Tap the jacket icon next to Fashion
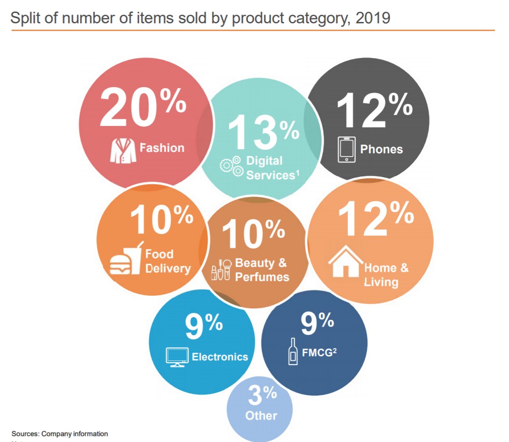pyautogui.click(x=123, y=150)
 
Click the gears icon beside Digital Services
pyautogui.click(x=231, y=166)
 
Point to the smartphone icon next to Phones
pyautogui.click(x=346, y=150)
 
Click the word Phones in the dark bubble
pyautogui.click(x=382, y=149)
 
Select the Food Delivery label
pyautogui.click(x=168, y=261)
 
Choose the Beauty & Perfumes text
pyautogui.click(x=262, y=270)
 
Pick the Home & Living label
pyautogui.click(x=386, y=274)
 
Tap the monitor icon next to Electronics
pyautogui.click(x=177, y=357)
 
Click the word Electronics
pyautogui.click(x=220, y=357)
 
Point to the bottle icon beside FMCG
pyautogui.click(x=293, y=352)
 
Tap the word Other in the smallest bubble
pyautogui.click(x=261, y=416)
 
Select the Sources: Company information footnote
pyautogui.click(x=60, y=434)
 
